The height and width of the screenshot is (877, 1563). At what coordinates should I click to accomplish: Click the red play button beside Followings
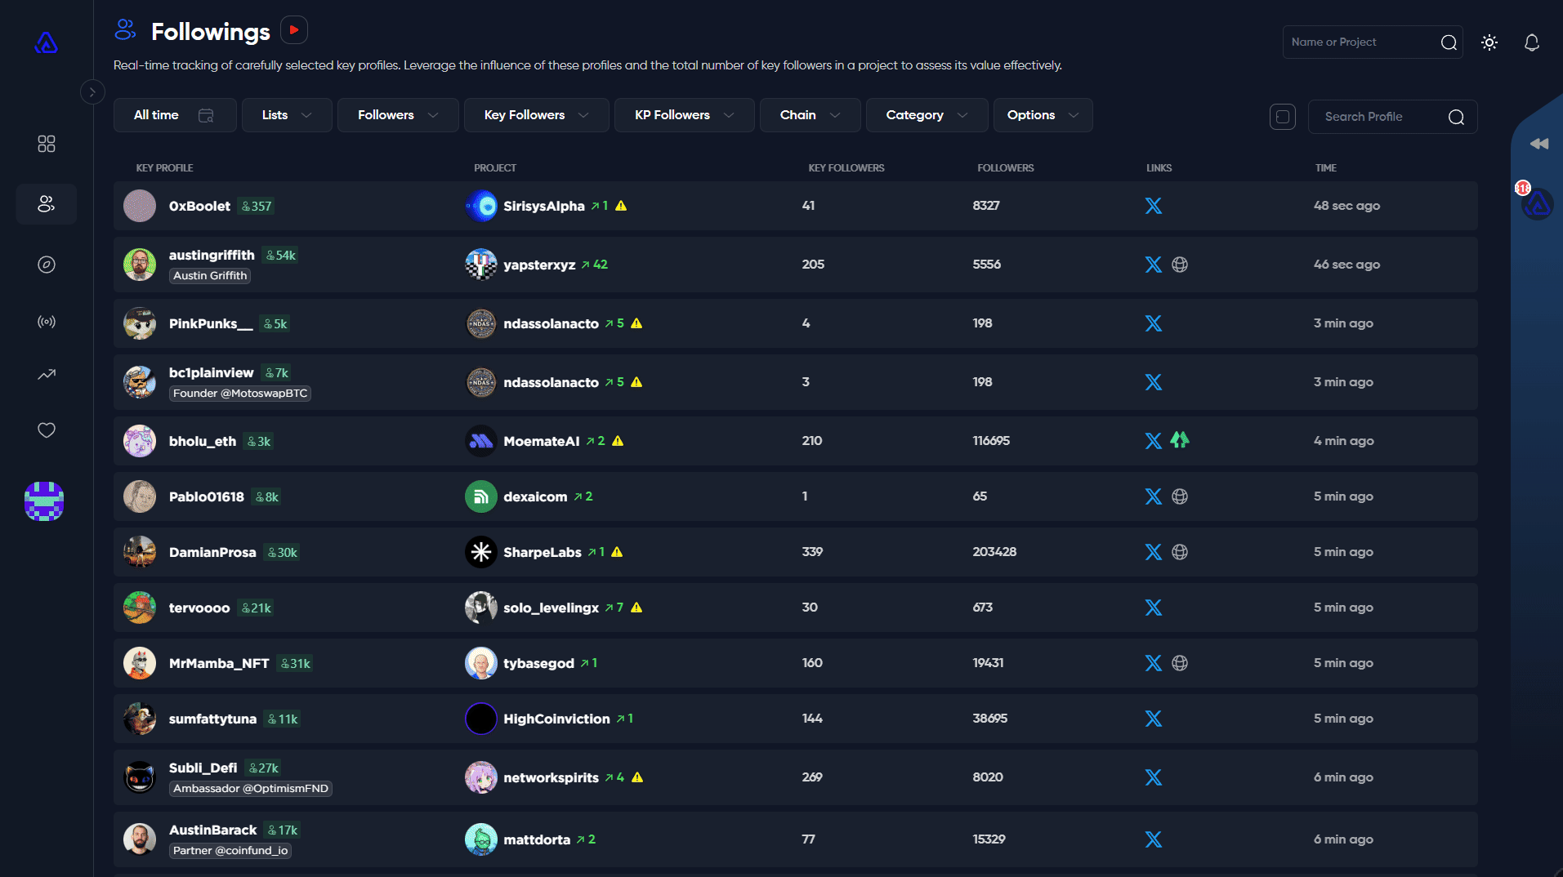pos(294,30)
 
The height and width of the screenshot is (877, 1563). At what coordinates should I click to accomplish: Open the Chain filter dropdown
pos(810,115)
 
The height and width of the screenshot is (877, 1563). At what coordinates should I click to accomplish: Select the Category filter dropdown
pos(927,115)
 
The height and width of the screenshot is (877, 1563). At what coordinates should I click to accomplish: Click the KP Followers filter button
pos(684,115)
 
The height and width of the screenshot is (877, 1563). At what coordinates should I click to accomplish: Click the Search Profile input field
pos(1381,117)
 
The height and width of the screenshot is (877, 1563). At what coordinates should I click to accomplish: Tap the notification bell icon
pos(1532,42)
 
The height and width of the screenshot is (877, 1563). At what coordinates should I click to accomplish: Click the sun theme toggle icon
pos(1489,42)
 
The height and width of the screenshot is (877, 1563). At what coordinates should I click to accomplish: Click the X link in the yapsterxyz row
pos(1153,265)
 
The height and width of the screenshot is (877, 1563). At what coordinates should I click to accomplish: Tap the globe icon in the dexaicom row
pos(1180,496)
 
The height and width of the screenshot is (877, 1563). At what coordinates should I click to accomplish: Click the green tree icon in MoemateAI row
pos(1180,440)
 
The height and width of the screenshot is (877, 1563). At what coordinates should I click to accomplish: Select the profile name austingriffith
pos(212,255)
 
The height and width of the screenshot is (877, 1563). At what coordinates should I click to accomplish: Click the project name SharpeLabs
pos(543,552)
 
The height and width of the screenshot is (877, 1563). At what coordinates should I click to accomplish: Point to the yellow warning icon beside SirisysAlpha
pos(621,206)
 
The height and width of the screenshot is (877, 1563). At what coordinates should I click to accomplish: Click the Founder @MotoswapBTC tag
pos(240,394)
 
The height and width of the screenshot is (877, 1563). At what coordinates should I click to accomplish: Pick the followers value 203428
pos(994,552)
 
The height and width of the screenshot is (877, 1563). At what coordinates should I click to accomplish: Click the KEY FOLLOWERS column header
pos(846,168)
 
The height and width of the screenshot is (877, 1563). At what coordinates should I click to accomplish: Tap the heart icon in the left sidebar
pos(47,430)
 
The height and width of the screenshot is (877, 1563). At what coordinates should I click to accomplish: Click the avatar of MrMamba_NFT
pos(140,663)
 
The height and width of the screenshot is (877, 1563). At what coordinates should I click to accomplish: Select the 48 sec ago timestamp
pos(1346,206)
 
